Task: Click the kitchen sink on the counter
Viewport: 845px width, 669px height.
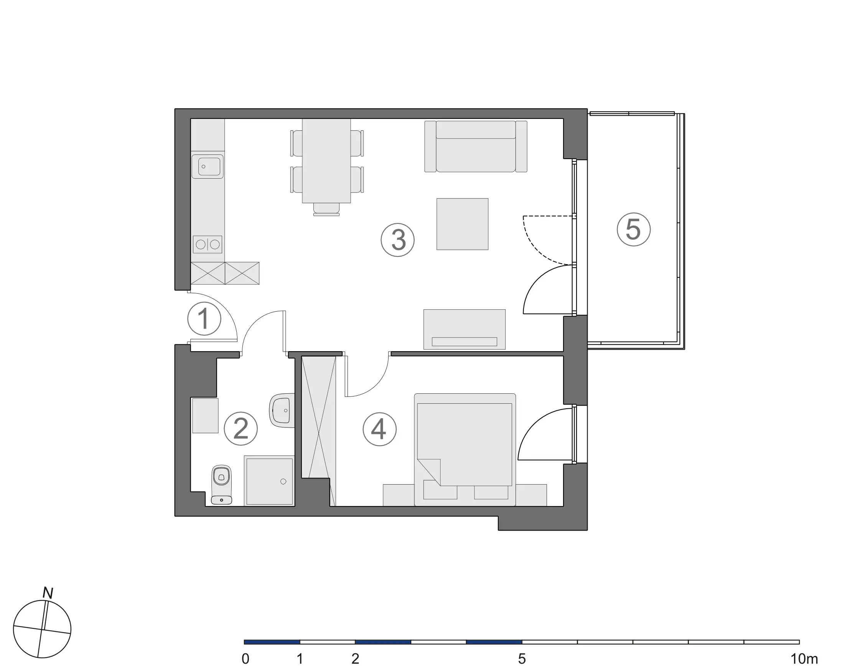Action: [x=208, y=166]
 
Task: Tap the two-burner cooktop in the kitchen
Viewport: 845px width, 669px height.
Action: [x=208, y=245]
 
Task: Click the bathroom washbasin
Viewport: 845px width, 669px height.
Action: [x=282, y=411]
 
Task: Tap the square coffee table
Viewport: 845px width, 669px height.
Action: [x=463, y=224]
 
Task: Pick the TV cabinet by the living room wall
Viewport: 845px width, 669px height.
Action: [x=465, y=329]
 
